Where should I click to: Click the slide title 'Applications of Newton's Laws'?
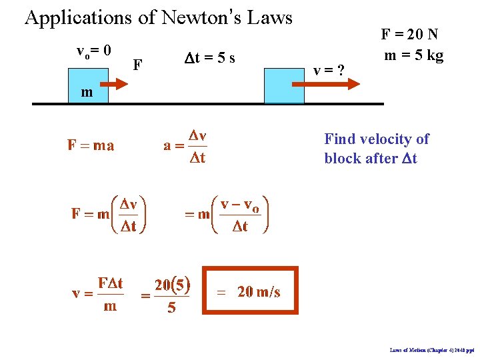(x=159, y=17)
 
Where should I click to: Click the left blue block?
(x=86, y=85)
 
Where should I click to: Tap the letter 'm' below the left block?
(x=87, y=93)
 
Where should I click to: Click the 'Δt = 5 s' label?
(x=209, y=58)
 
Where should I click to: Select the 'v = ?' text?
(x=329, y=69)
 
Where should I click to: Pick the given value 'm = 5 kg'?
(x=414, y=55)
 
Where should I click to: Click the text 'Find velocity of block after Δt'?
(x=377, y=149)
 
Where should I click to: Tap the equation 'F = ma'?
(x=91, y=145)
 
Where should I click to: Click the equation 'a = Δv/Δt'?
(x=186, y=147)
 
